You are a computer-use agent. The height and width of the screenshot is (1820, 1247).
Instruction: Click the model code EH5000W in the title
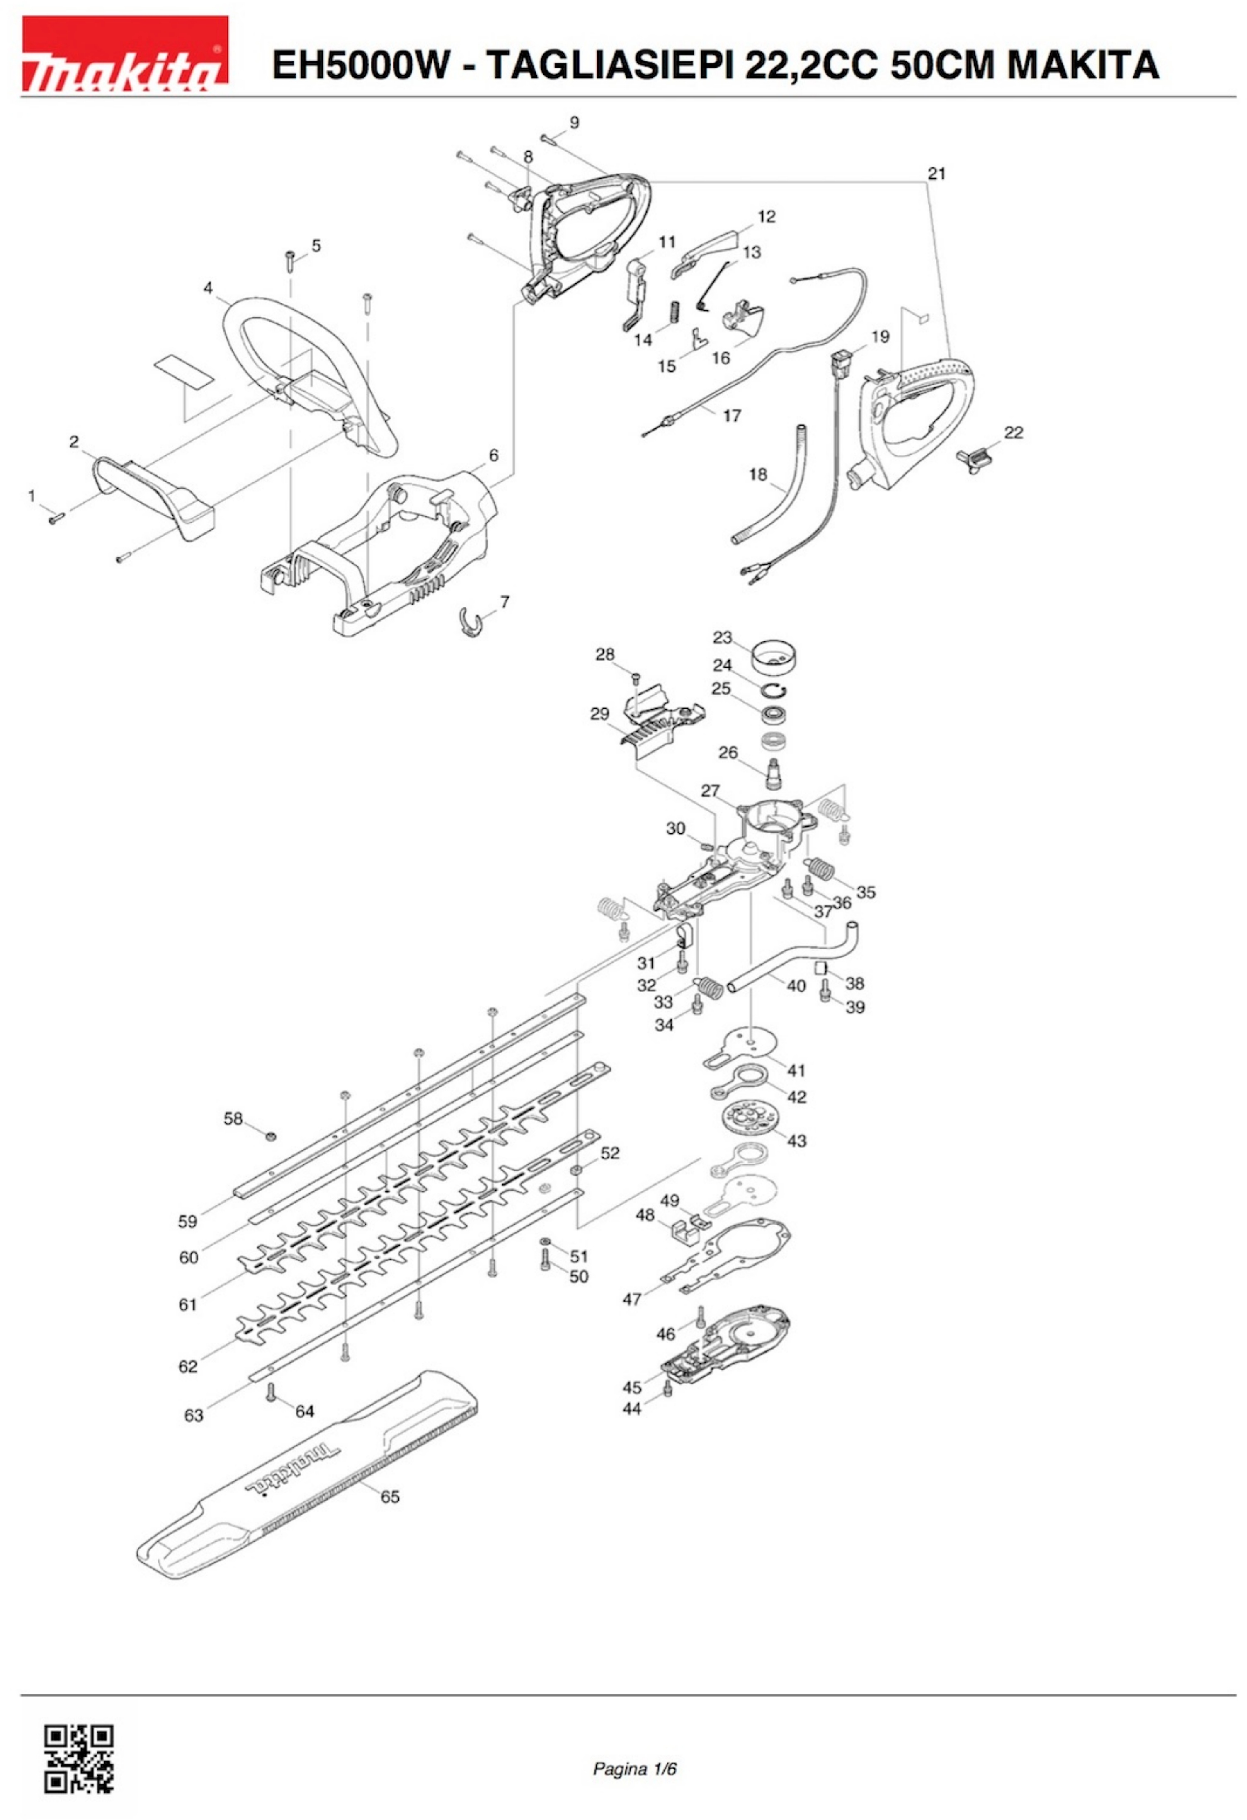360,64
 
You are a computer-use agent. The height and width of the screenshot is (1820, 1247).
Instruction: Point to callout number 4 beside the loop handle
208,288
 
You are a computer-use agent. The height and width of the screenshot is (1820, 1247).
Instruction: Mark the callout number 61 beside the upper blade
188,1304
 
